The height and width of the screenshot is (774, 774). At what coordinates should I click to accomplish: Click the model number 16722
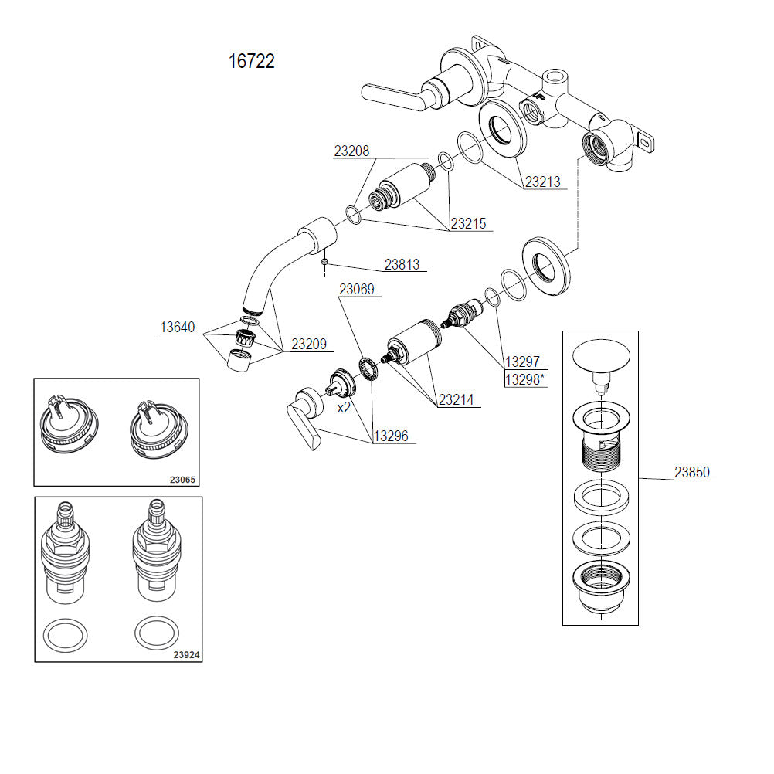coord(251,62)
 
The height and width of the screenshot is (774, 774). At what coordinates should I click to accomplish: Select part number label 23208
coord(351,151)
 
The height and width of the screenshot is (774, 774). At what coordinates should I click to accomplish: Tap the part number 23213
coord(542,183)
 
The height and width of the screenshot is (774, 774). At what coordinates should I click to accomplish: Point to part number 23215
coord(469,224)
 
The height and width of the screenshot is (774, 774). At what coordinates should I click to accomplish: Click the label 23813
coord(402,265)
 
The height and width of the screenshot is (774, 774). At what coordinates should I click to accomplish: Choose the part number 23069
coord(357,290)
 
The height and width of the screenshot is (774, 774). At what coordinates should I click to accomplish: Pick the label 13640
coord(178,328)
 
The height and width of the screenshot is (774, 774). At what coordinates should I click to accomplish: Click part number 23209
coord(308,345)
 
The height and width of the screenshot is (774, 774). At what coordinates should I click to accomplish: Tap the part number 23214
coord(457,400)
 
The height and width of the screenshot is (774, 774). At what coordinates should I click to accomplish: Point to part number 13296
coord(391,436)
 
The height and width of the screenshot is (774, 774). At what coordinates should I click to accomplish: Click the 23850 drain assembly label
coord(693,473)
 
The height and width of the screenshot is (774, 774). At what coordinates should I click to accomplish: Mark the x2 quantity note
coord(344,407)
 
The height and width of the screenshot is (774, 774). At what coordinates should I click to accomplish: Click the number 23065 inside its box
coord(182,479)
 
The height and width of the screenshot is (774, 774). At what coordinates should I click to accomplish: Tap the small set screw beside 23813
coord(326,262)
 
